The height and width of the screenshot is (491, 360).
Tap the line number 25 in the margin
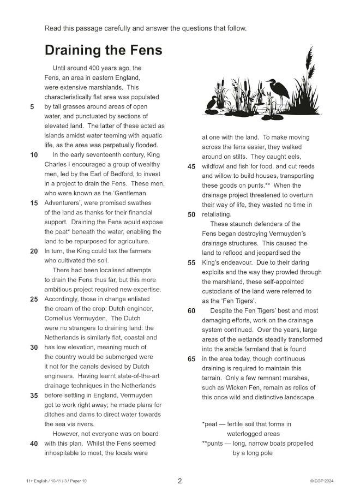[x=33, y=299]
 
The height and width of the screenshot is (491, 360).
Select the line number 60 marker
[x=191, y=311]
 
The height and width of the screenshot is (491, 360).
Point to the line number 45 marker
[x=191, y=166]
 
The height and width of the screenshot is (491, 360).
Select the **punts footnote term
[x=213, y=444]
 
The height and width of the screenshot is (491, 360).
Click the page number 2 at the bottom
[x=180, y=481]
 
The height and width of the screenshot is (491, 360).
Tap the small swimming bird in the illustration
[x=212, y=103]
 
